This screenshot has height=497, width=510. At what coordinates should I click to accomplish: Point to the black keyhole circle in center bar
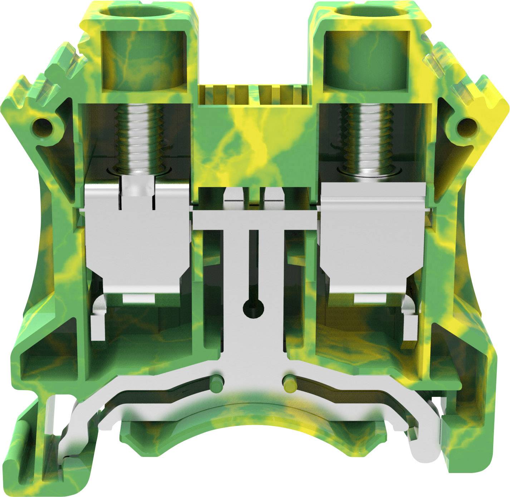click(x=253, y=307)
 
